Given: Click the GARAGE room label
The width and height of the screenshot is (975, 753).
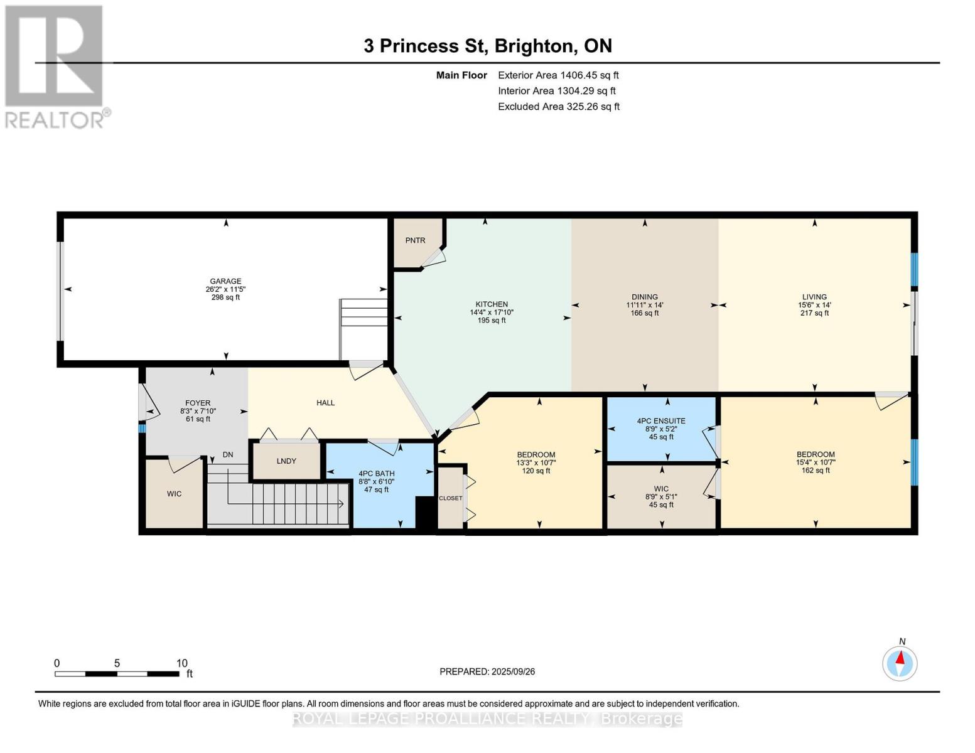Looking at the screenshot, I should click(225, 281).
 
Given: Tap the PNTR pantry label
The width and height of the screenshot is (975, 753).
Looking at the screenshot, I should click(415, 240).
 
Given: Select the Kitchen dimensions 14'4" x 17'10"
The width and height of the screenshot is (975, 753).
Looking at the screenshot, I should click(492, 312).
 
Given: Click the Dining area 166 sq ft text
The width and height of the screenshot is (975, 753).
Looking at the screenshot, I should click(645, 313).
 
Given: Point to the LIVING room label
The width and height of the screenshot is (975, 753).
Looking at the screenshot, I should click(814, 297).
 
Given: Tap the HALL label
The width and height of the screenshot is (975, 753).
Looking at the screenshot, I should click(325, 403).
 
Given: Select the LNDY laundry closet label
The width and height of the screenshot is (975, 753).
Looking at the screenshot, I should click(286, 461).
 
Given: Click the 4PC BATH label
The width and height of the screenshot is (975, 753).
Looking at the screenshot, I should click(377, 473).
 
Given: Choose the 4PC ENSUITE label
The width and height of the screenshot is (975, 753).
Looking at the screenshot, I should click(661, 421).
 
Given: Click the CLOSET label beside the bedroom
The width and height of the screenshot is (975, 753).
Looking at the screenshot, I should click(450, 498).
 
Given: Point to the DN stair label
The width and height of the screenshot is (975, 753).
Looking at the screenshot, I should click(228, 455).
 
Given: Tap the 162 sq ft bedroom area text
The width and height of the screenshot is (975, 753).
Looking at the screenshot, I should click(816, 470).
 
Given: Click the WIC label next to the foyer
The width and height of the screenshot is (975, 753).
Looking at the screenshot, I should click(174, 494).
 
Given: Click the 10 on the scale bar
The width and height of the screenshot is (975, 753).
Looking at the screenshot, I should click(181, 663).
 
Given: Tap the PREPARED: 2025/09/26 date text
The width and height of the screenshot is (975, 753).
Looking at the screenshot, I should click(487, 671).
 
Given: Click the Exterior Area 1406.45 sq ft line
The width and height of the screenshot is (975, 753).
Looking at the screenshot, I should click(558, 75).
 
